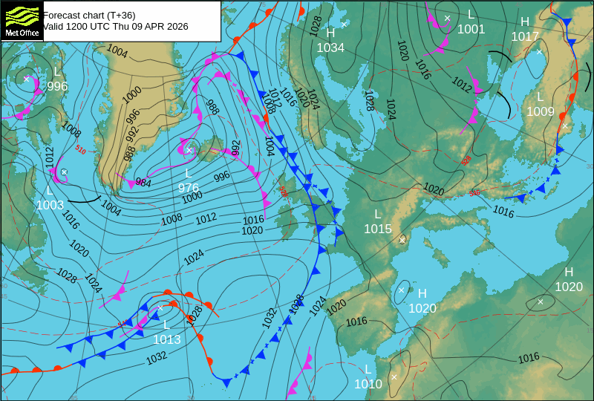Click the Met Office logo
pyautogui.click(x=21, y=21)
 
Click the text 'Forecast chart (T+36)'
pyautogui.click(x=89, y=15)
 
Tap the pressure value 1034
pyautogui.click(x=330, y=48)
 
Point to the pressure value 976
pyautogui.click(x=189, y=188)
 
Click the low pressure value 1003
pyautogui.click(x=50, y=205)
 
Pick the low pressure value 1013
pyautogui.click(x=167, y=339)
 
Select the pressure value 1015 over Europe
pyautogui.click(x=377, y=229)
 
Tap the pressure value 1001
pyautogui.click(x=471, y=29)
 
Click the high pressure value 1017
pyautogui.click(x=525, y=36)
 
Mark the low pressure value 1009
pyautogui.click(x=541, y=111)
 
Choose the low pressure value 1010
pyautogui.click(x=368, y=384)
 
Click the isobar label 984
pyautogui.click(x=143, y=183)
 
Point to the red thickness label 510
pyautogui.click(x=80, y=149)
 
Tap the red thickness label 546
pyautogui.click(x=474, y=193)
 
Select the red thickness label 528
pyautogui.click(x=466, y=160)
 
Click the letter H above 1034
pyautogui.click(x=330, y=33)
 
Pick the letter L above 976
pyautogui.click(x=189, y=173)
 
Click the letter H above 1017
pyautogui.click(x=525, y=22)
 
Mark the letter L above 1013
pyautogui.click(x=166, y=325)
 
